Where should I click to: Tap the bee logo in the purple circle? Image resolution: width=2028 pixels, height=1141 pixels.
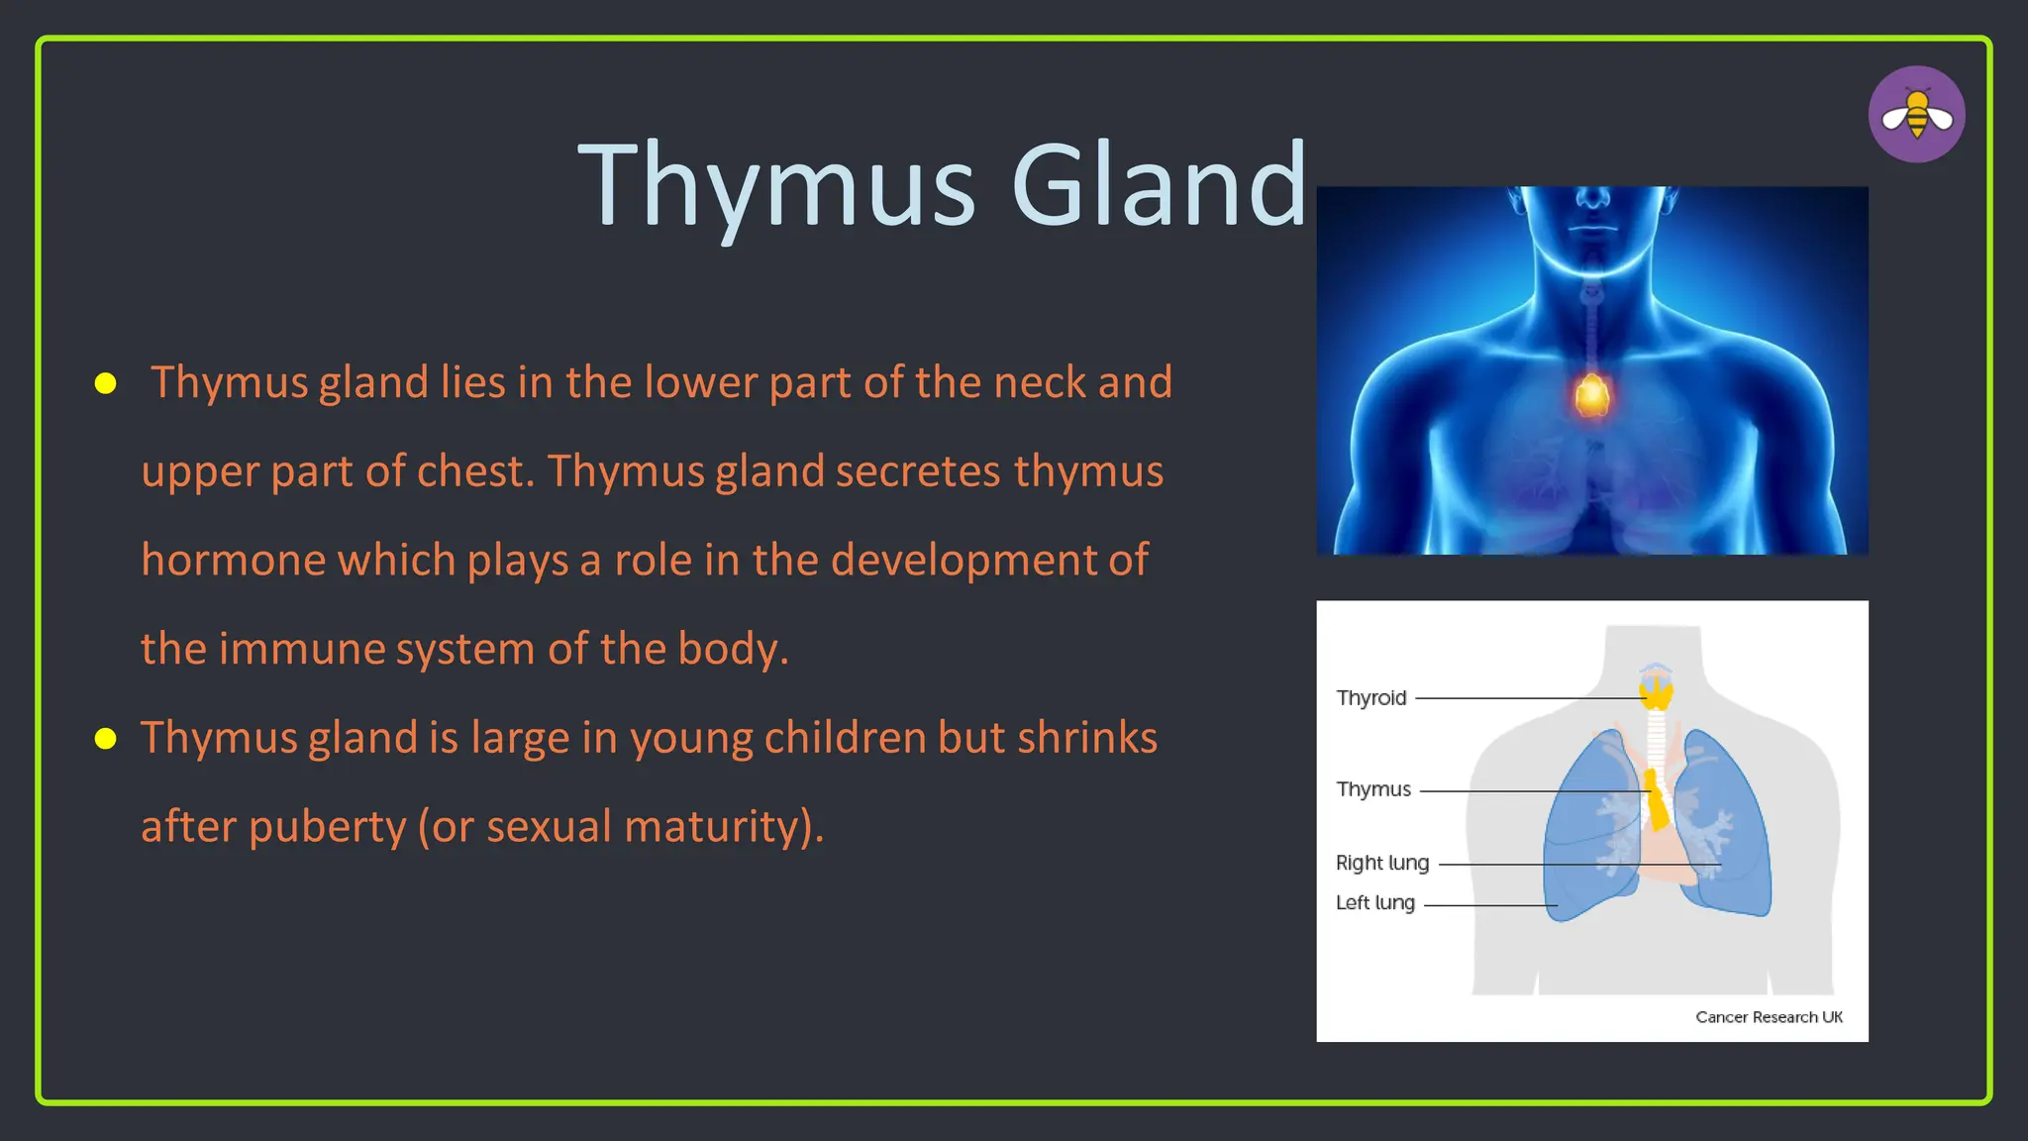tap(1916, 115)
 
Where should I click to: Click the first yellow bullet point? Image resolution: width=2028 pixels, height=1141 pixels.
tap(106, 383)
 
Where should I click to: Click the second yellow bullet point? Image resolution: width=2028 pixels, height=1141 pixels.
tap(106, 739)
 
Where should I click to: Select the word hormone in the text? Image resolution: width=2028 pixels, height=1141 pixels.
tap(234, 560)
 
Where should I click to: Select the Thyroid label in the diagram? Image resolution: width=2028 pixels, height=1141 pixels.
tap(1370, 698)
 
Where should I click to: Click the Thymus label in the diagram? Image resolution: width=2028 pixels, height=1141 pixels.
tap(1372, 789)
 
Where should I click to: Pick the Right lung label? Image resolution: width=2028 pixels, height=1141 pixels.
tap(1382, 863)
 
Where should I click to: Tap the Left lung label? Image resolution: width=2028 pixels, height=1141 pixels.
tap(1374, 903)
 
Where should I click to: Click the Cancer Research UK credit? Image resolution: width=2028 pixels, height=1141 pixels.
tap(1769, 1017)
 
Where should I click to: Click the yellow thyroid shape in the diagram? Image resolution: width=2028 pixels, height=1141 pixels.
tap(1656, 692)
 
